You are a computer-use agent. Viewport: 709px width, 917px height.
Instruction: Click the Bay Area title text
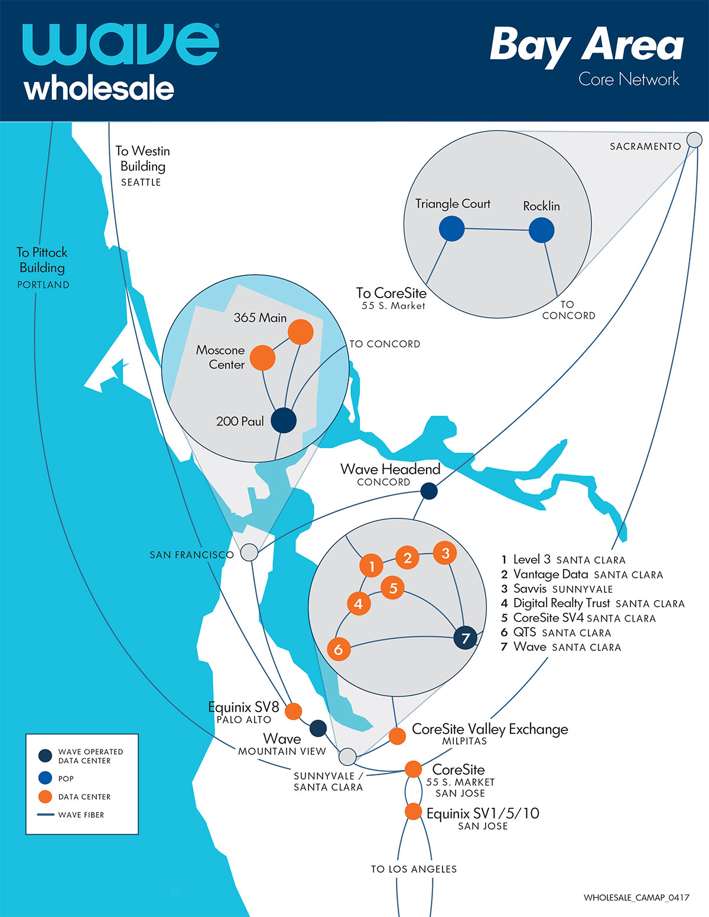586,45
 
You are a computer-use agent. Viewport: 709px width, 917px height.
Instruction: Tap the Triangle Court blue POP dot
451,229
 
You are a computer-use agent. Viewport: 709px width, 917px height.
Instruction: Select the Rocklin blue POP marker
541,230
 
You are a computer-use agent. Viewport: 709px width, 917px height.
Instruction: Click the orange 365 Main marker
300,332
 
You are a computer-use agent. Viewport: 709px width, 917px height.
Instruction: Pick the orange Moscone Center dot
262,358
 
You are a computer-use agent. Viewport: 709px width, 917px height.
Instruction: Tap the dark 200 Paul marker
284,420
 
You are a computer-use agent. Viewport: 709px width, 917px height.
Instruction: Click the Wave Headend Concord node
429,491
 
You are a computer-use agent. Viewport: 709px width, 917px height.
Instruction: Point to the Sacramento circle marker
695,140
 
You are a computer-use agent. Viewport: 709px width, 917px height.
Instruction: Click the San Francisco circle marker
249,553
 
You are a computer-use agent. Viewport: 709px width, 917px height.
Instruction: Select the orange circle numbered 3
445,553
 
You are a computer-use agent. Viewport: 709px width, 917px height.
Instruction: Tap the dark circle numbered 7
465,638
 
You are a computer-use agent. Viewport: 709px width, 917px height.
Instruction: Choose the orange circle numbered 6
339,650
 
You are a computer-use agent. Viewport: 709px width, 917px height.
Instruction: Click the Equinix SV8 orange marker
293,711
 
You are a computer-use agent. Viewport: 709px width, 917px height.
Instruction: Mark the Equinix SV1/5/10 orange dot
413,811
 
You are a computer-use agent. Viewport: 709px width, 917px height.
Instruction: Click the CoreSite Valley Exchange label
490,729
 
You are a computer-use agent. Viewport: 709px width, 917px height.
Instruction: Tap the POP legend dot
45,778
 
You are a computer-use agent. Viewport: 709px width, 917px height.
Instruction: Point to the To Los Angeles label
414,869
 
